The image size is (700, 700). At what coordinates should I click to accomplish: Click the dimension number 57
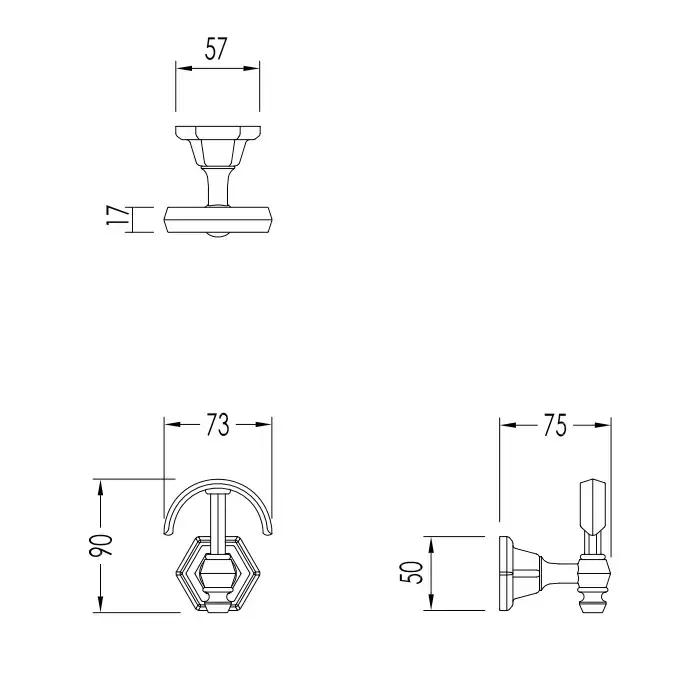217,49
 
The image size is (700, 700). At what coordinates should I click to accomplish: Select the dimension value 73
218,425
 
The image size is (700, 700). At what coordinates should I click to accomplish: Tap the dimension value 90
101,545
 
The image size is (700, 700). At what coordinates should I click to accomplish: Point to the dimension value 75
555,425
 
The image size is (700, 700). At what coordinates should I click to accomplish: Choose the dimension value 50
412,573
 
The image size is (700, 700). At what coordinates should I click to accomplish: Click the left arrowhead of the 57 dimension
183,68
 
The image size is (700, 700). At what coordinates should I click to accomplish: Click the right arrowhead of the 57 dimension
251,68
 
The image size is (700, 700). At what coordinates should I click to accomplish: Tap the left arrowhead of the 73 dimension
172,424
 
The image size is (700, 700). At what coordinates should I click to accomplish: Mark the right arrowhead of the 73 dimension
263,424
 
